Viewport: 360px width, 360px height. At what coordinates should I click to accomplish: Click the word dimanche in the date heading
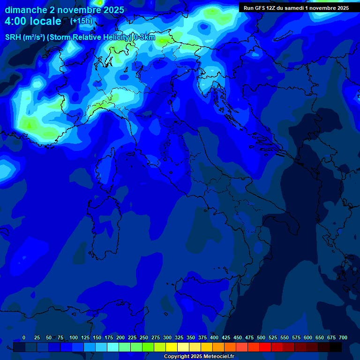26,10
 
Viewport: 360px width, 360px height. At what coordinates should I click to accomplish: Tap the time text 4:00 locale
33,21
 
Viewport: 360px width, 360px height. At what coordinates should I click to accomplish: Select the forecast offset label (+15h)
81,21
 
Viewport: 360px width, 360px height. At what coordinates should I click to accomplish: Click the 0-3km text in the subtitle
144,37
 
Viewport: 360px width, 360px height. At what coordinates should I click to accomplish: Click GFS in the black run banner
260,8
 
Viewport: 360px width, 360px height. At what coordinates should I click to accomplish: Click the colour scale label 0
24,337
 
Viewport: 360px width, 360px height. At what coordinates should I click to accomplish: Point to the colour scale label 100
74,337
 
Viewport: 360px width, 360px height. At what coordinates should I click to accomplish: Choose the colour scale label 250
144,337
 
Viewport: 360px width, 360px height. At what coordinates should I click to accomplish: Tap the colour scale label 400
214,337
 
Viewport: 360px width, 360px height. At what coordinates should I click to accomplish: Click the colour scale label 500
261,337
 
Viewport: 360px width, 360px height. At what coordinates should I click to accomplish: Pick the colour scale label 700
343,337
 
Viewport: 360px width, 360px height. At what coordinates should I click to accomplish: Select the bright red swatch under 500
265,347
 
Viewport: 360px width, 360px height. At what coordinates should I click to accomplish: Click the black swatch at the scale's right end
336,347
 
